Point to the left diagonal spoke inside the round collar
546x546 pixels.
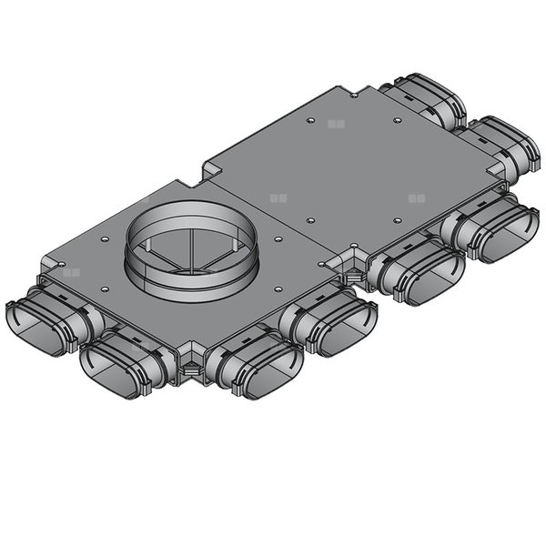tap(164, 258)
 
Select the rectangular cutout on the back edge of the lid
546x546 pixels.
tap(211, 170)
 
